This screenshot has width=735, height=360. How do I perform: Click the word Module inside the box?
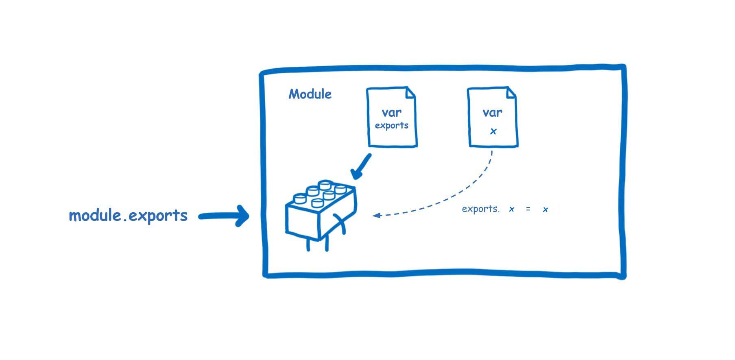310,94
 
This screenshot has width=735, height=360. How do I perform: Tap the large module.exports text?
128,215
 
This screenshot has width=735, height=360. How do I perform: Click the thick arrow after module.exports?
224,216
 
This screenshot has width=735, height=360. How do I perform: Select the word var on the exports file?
392,112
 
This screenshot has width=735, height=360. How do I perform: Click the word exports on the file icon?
392,125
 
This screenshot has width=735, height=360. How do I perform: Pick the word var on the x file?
493,112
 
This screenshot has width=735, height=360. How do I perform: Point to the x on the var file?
493,131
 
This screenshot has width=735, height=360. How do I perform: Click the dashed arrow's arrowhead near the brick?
377,215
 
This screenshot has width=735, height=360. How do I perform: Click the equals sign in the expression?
528,209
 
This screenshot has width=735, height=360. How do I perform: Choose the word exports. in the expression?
480,209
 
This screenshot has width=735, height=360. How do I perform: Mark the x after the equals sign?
545,209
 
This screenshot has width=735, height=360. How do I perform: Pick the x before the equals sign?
512,209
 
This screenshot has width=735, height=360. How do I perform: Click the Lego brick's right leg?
327,243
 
